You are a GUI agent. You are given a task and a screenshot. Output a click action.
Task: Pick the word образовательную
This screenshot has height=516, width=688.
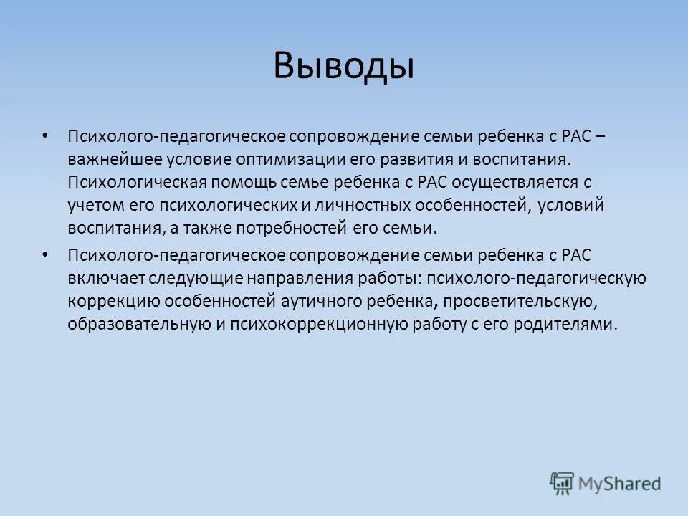(x=135, y=325)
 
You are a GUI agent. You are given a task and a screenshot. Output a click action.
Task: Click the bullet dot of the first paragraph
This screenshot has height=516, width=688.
(x=47, y=136)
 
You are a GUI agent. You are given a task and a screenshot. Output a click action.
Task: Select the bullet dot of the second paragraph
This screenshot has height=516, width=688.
(x=47, y=256)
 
